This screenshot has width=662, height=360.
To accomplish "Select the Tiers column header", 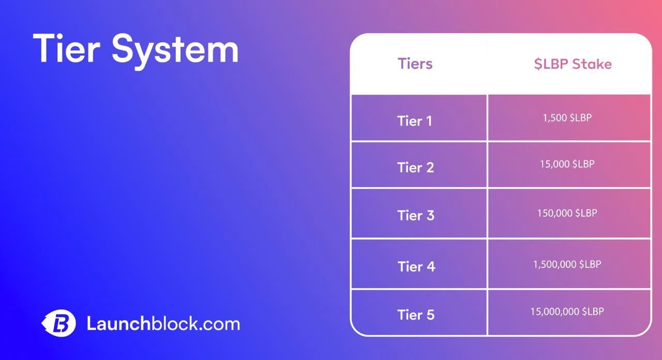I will coord(415,64).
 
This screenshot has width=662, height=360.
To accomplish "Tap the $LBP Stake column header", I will coord(573,64).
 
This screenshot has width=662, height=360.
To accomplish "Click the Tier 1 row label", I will coord(414,121).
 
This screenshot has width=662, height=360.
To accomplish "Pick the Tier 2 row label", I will coord(415,168).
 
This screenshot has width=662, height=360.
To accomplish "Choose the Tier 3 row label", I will coord(415,215).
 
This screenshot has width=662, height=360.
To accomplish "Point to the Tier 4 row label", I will coord(416,266).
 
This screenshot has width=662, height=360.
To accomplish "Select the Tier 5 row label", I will coord(415,314).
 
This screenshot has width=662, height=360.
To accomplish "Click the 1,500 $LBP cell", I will coord(567,118).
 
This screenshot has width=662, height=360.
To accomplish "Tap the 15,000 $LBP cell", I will coord(567,164).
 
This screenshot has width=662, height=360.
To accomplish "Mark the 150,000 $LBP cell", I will coord(567,213).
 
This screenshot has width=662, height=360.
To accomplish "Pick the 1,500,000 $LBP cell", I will coord(567,264).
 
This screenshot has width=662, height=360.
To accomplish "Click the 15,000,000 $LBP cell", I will coord(567,311).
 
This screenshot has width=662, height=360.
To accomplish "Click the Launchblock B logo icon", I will coord(59,324).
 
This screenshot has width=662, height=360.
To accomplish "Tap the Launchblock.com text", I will coord(163,324).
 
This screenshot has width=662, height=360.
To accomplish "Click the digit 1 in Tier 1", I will coord(428,121).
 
